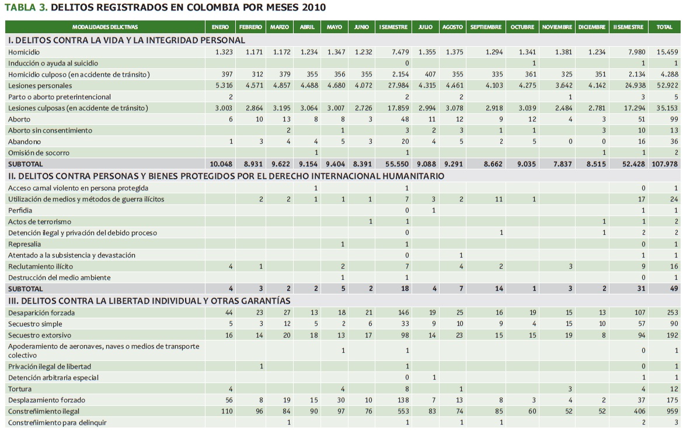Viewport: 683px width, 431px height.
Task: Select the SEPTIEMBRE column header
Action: pyautogui.click(x=486, y=27)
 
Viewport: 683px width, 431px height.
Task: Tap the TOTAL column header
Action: pyautogui.click(x=664, y=27)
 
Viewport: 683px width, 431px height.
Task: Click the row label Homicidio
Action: pyautogui.click(x=24, y=52)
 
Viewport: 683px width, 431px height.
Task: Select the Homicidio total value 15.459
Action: pyautogui.click(x=667, y=52)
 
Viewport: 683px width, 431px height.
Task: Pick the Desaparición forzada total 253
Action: pyautogui.click(x=672, y=312)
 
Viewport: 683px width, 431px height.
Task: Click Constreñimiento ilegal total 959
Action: pyautogui.click(x=672, y=411)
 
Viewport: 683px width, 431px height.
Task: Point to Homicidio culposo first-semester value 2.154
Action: pyautogui.click(x=399, y=74)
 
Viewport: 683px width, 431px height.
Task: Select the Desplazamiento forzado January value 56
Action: pyautogui.click(x=229, y=400)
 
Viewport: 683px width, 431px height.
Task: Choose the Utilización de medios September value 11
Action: pyautogui.click(x=498, y=199)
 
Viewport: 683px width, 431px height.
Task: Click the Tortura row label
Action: pyautogui.click(x=20, y=389)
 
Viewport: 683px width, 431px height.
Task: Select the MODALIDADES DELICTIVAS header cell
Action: pyautogui.click(x=105, y=27)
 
